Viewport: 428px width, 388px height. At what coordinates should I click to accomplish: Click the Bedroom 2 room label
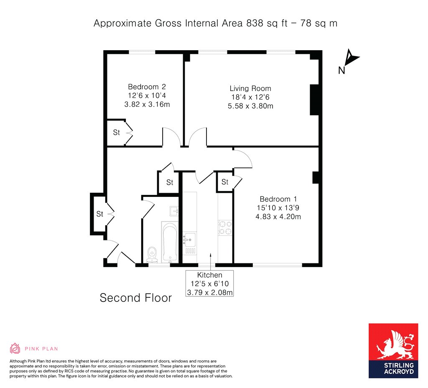(x=147, y=87)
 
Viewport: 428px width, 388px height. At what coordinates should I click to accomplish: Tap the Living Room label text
(x=250, y=88)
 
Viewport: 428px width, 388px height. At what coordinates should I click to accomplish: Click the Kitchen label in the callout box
(x=209, y=275)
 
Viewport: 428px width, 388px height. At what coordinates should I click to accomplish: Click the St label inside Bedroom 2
(x=116, y=133)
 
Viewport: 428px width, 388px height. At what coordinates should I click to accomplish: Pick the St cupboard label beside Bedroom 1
(x=224, y=182)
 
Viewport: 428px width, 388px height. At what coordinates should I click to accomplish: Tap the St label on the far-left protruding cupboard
(x=99, y=214)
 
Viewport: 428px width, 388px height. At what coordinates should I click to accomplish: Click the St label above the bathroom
(x=169, y=182)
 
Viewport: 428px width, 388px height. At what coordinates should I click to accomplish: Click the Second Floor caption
(x=135, y=298)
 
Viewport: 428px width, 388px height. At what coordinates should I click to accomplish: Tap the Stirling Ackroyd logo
(x=393, y=350)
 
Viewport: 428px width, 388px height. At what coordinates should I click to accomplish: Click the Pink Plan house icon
(x=15, y=348)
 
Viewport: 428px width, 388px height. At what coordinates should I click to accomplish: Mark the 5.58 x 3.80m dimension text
(x=250, y=106)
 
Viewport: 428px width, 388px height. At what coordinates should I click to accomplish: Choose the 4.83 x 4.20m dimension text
(x=278, y=217)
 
